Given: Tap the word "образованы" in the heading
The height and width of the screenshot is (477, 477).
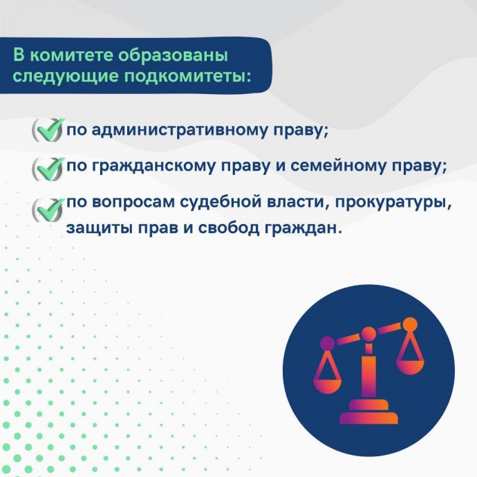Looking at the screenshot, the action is (173, 55).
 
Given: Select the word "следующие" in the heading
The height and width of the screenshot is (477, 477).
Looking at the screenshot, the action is (65, 77).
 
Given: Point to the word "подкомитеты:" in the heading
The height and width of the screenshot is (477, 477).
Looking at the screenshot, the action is (187, 77).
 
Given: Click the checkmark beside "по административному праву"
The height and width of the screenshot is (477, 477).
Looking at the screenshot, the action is (48, 130).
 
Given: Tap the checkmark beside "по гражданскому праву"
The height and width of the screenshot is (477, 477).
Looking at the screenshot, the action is (48, 169).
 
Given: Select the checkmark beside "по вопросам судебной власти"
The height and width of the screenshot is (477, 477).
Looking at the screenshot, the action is (48, 210).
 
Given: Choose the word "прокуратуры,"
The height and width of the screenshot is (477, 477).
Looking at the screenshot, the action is (394, 203).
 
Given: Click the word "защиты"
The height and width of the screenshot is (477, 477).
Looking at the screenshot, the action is (100, 229).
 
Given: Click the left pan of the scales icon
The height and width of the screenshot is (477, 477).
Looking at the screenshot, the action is (328, 386).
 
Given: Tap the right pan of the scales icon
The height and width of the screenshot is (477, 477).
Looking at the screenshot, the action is (411, 367).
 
